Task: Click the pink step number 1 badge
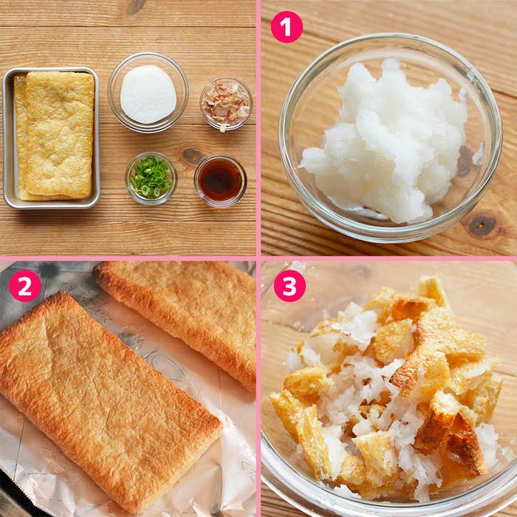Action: click(287, 27)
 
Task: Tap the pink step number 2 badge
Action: click(25, 286)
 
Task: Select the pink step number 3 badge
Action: click(290, 286)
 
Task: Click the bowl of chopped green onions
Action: click(151, 179)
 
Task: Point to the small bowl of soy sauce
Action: click(220, 181)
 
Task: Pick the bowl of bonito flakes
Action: click(226, 103)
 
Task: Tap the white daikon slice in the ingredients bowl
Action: click(148, 95)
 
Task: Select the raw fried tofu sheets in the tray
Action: click(55, 136)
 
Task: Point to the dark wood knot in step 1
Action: click(482, 225)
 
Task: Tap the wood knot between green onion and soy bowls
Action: click(192, 157)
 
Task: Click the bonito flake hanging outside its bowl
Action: click(223, 128)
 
